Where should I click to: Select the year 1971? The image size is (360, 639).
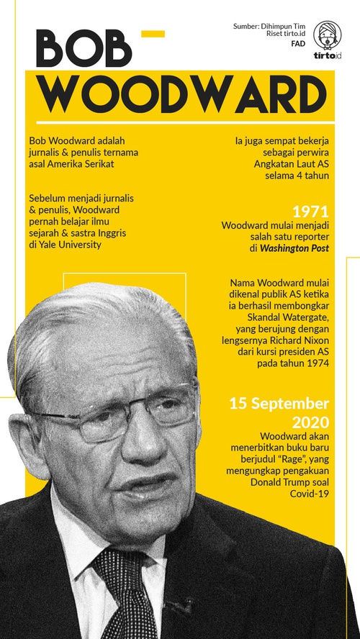pyautogui.click(x=310, y=213)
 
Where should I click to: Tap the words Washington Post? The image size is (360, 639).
pyautogui.click(x=294, y=248)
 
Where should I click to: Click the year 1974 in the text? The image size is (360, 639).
pyautogui.click(x=315, y=363)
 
